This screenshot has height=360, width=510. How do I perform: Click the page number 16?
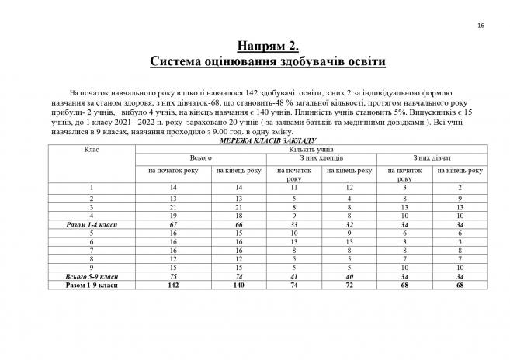click(x=481, y=26)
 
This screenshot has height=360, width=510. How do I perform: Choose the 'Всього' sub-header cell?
click(x=201, y=157)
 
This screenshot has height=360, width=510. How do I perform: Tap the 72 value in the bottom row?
click(x=349, y=286)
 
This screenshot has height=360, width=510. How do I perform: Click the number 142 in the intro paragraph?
click(x=214, y=93)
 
